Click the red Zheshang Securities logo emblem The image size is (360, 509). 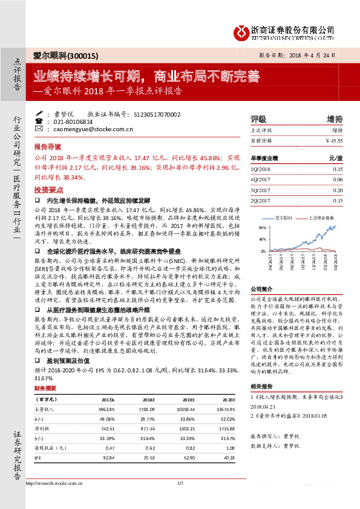pos(243,30)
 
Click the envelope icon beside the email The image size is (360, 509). pos(39,129)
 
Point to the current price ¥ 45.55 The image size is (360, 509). pos(334,140)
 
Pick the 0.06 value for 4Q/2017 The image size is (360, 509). pos(338,180)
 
